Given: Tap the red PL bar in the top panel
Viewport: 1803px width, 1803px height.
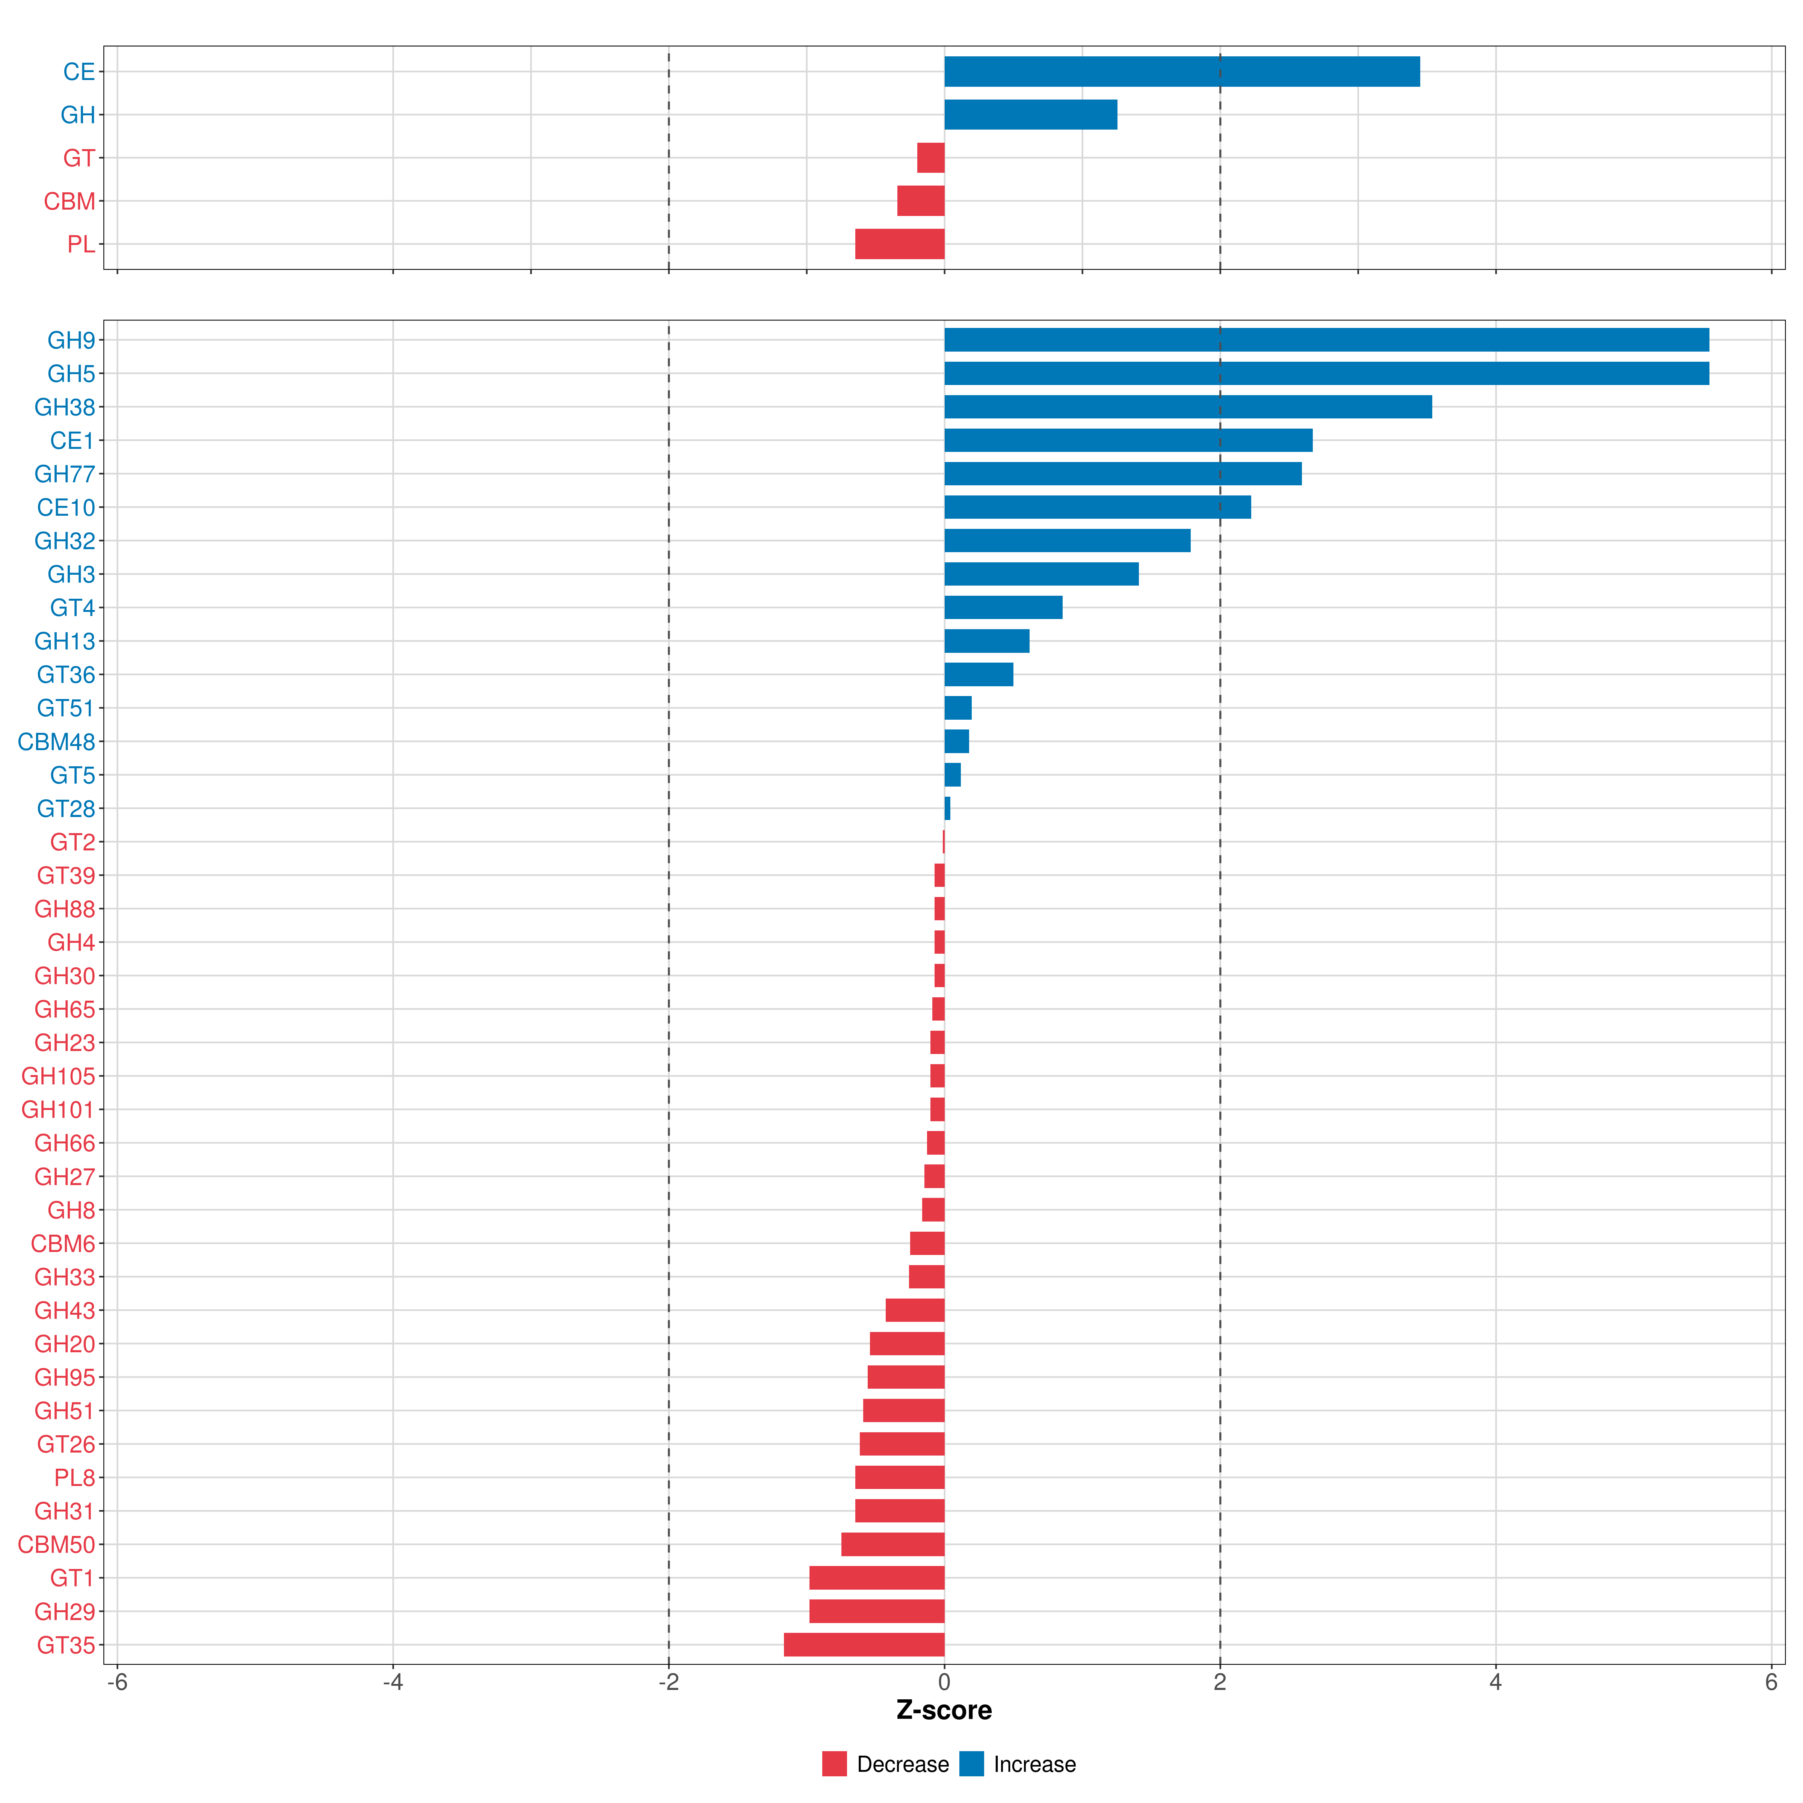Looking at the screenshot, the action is tap(900, 243).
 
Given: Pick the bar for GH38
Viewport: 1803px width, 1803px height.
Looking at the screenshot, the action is tap(1188, 407).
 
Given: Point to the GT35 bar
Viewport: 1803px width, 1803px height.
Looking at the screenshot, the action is tap(864, 1644).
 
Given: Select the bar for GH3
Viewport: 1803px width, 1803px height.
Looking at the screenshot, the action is tap(1042, 574).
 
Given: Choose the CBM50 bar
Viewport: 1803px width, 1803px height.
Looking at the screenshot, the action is tap(893, 1545).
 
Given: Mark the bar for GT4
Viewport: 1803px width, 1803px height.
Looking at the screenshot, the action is tap(1003, 607).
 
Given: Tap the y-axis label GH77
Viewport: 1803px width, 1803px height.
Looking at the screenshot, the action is tap(65, 474).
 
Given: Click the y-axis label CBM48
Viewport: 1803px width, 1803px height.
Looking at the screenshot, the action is tap(57, 742).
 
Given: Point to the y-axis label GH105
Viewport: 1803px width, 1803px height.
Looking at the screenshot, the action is tap(59, 1076).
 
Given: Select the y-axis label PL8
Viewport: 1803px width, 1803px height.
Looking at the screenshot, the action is tap(75, 1477).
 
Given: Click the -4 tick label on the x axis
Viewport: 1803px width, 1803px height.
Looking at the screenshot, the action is tap(393, 1682).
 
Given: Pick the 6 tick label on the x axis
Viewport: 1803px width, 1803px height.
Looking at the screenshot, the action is tap(1771, 1682).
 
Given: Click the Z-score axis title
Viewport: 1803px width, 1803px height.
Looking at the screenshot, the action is tap(944, 1710).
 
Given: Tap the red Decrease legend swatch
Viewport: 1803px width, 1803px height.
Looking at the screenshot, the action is tap(834, 1764).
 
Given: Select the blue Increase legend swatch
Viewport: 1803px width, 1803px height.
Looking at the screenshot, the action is tap(971, 1764).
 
